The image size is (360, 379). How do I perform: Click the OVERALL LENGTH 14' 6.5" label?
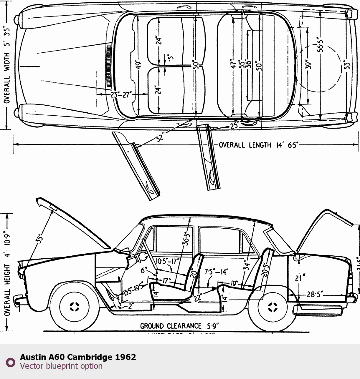coord(258,145)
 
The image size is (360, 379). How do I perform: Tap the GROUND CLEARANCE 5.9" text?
coord(179,326)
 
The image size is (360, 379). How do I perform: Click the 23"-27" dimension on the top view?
coord(121,95)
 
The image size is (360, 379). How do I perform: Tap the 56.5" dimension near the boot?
coord(321,44)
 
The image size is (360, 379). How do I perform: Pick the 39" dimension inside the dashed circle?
coord(308,64)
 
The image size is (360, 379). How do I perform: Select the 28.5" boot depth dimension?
coord(314,294)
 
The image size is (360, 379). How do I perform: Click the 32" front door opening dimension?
coord(160,137)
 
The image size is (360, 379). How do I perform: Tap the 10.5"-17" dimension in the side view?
coord(167,261)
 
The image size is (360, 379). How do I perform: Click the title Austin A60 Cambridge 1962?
coord(78,357)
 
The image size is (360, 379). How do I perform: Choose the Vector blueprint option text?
coord(61,366)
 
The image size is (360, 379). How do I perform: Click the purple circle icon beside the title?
coord(11,362)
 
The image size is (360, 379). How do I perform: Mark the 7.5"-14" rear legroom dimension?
coord(216,272)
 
